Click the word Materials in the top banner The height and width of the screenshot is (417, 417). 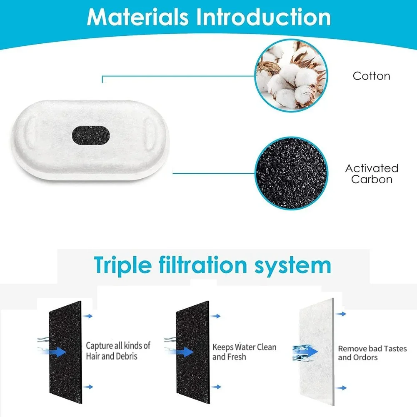[138, 17]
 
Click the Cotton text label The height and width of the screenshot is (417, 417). [372, 76]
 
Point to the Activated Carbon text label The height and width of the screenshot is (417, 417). [372, 174]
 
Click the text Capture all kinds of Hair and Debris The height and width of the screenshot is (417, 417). [118, 351]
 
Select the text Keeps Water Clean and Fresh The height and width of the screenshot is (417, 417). [244, 352]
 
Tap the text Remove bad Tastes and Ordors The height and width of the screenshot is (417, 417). [372, 353]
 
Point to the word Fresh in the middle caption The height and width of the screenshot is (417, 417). [237, 357]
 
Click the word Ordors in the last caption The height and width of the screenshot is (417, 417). [365, 358]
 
